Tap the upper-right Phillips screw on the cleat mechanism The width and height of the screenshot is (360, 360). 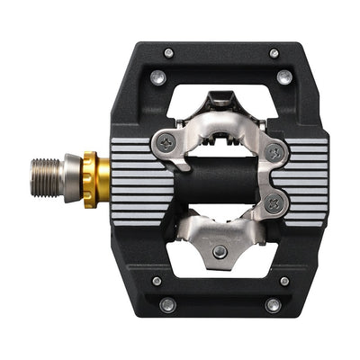[274, 153]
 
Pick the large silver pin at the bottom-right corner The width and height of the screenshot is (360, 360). [273, 304]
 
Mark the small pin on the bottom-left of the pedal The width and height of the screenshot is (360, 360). [157, 281]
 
